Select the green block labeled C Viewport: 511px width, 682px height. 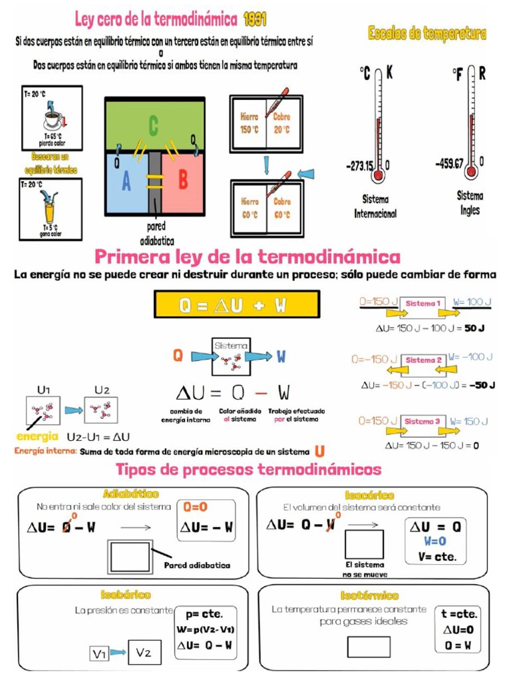tap(154, 125)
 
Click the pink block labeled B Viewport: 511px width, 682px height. tap(184, 180)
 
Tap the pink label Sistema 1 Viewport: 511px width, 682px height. tap(423, 303)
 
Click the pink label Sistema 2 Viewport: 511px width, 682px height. tap(425, 360)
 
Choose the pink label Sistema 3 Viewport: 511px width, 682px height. tap(423, 422)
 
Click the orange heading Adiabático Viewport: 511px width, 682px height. tap(131, 494)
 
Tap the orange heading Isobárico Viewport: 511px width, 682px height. tap(126, 594)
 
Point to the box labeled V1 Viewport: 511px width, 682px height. tap(99, 655)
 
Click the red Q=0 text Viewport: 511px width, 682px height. tap(196, 507)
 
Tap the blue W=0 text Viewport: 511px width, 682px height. tap(434, 541)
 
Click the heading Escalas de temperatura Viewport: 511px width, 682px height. tap(426, 33)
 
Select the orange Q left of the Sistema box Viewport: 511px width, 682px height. tap(178, 356)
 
